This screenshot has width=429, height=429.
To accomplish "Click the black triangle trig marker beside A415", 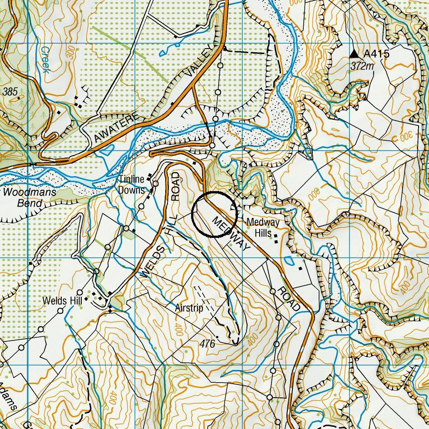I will coord(354,54).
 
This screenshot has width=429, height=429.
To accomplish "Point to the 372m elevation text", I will coord(362,66).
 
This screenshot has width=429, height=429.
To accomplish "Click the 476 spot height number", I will coord(207,344).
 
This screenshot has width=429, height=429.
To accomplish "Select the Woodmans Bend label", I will coord(30,197).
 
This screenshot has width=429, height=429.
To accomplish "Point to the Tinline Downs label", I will coord(132,185).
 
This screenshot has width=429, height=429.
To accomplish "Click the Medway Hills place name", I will coord(263,227).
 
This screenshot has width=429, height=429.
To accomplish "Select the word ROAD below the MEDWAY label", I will coord(290,299).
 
